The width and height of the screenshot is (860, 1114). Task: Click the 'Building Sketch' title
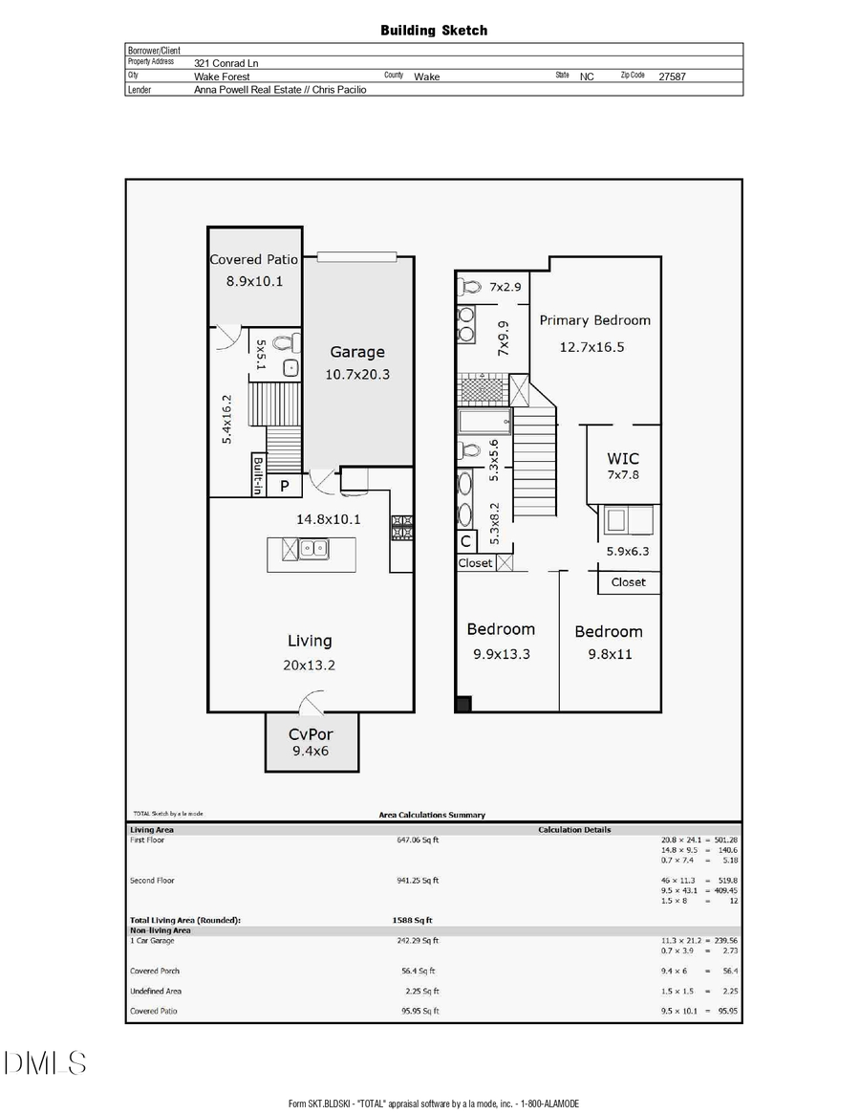pyautogui.click(x=434, y=31)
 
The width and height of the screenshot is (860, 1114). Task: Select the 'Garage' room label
pyautogui.click(x=357, y=352)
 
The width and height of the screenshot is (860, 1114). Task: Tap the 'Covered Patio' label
pyautogui.click(x=254, y=259)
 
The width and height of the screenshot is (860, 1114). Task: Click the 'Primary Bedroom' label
pyautogui.click(x=594, y=320)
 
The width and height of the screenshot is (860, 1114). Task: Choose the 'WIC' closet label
pyautogui.click(x=623, y=459)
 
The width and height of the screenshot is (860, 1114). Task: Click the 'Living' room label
pyautogui.click(x=311, y=641)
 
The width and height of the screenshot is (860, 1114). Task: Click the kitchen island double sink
pyautogui.click(x=312, y=549)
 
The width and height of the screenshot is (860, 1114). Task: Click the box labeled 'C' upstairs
pyautogui.click(x=465, y=542)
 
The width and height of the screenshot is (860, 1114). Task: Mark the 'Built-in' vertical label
pyautogui.click(x=258, y=475)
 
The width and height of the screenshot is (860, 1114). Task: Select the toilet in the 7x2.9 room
pyautogui.click(x=468, y=285)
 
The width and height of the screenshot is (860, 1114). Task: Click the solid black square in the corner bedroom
pyautogui.click(x=462, y=705)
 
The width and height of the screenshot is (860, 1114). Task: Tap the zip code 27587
pyautogui.click(x=673, y=76)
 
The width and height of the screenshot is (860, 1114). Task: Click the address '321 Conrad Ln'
pyautogui.click(x=226, y=63)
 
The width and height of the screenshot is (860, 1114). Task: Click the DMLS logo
pyautogui.click(x=45, y=1062)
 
